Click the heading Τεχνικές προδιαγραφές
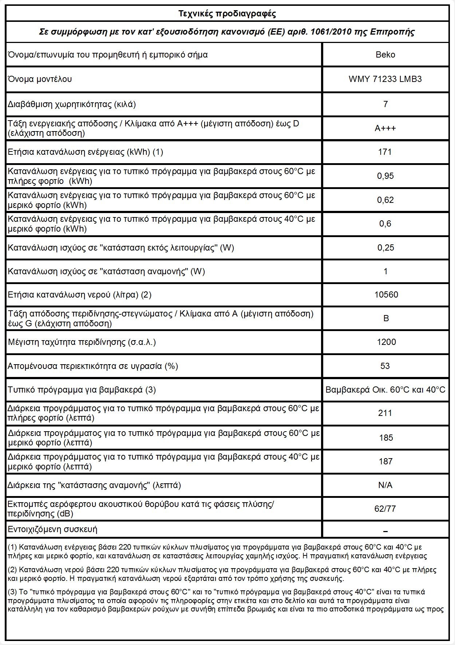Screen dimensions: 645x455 227,14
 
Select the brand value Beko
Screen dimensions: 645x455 385,55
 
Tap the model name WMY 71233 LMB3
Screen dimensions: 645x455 385,79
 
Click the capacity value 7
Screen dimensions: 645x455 385,104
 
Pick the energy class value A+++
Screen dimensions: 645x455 385,128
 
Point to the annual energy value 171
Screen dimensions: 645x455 385,152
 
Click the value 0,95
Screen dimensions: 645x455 385,176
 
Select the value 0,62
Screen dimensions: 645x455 385,200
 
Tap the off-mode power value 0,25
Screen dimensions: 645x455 385,248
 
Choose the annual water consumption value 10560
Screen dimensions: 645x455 386,295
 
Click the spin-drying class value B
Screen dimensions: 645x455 386,318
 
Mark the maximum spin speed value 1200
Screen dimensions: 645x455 385,342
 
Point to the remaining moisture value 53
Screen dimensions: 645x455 385,366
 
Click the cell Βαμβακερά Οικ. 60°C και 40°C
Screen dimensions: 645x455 385,390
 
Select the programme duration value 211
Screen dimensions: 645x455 385,413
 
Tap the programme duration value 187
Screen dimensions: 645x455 385,461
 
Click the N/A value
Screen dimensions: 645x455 385,485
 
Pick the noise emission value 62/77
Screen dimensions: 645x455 385,508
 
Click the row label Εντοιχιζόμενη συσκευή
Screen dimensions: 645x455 52,529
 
